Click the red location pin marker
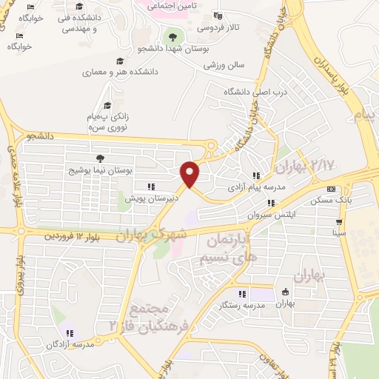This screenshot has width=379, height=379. click(x=191, y=174)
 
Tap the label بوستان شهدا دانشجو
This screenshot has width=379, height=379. click(x=173, y=48)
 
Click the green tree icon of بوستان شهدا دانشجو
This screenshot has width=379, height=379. click(x=173, y=35)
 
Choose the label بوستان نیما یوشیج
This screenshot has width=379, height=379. click(x=99, y=170)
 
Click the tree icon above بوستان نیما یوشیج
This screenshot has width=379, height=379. click(x=100, y=158)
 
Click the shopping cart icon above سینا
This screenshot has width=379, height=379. click(x=339, y=221)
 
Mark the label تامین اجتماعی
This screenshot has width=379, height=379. click(x=171, y=5)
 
